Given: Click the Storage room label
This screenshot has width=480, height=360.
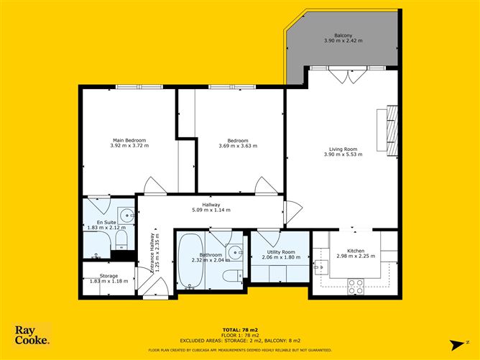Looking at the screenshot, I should pyautogui.click(x=109, y=275).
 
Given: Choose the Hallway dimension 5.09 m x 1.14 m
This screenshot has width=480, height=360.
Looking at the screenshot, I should pyautogui.click(x=211, y=211).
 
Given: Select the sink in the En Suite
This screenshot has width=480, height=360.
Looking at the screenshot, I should pyautogui.click(x=126, y=216).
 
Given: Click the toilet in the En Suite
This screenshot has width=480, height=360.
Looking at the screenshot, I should pyautogui.click(x=121, y=239).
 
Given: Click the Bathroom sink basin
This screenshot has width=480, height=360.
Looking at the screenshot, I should pyautogui.click(x=234, y=252).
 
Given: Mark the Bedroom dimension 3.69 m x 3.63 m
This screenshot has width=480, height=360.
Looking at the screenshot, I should pyautogui.click(x=238, y=146).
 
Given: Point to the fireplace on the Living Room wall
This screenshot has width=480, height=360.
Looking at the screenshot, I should pyautogui.click(x=392, y=131).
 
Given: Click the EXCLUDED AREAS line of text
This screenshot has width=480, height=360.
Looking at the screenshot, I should pyautogui.click(x=240, y=341).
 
